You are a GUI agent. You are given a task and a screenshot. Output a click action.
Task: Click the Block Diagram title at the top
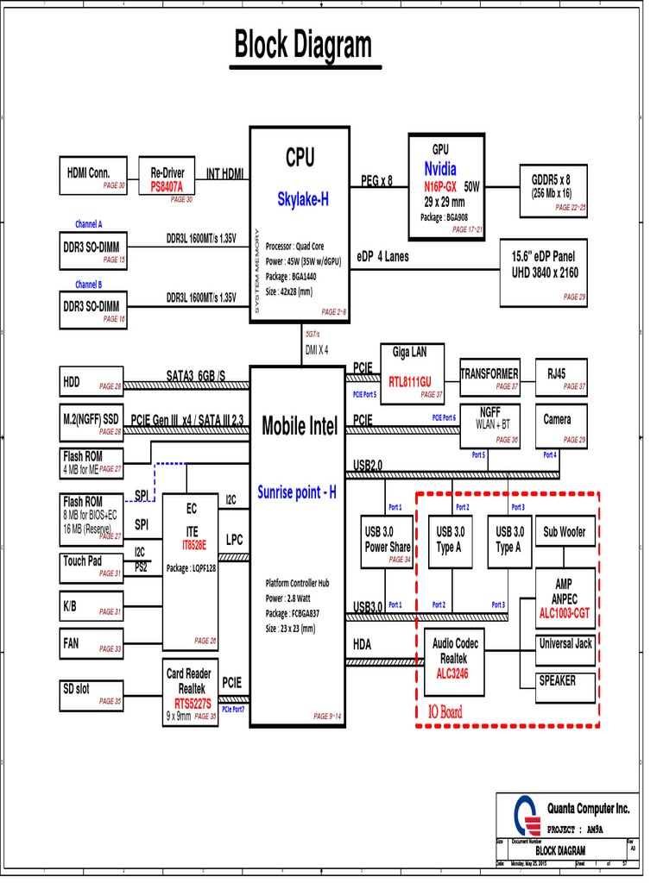[303, 46]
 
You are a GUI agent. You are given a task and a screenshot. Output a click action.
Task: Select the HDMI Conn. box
[93, 178]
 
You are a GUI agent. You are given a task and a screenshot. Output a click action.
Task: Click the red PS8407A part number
[173, 186]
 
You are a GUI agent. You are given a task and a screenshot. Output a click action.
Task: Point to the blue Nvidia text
[440, 169]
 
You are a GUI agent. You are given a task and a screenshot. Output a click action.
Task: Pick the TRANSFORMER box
[489, 379]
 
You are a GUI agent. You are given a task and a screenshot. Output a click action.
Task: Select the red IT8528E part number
[193, 546]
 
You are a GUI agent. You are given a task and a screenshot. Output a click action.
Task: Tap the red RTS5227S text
[192, 703]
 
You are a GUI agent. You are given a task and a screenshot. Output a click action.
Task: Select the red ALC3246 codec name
[453, 673]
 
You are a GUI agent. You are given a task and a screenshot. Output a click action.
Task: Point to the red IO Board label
[445, 711]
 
